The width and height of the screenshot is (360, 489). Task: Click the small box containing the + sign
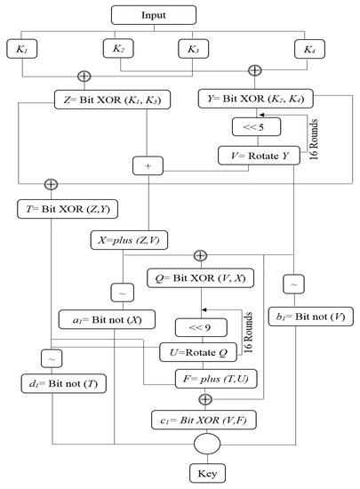point(146,165)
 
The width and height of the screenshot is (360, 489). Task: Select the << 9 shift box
point(201,325)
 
